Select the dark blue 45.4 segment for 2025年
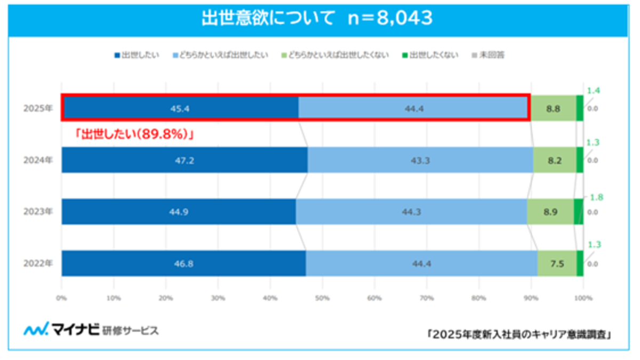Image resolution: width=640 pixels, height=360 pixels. (x=180, y=108)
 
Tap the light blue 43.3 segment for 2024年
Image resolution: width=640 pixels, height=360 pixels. (x=420, y=160)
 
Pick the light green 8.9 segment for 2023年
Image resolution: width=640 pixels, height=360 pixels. (x=550, y=212)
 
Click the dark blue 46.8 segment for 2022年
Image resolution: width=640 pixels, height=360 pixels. (x=183, y=263)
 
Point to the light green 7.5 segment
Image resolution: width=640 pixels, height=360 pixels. (x=557, y=263)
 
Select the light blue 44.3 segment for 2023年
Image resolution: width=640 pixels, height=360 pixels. (x=411, y=212)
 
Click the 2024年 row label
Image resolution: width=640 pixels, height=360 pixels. (x=38, y=160)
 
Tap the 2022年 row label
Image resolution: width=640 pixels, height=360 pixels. (x=38, y=263)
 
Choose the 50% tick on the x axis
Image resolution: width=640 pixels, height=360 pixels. (x=322, y=298)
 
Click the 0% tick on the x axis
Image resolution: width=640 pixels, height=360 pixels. (x=62, y=298)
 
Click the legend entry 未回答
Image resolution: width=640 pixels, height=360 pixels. (x=487, y=55)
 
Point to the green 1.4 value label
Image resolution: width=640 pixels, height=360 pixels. (x=593, y=91)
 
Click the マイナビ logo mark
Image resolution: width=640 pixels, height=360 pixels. (x=36, y=330)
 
